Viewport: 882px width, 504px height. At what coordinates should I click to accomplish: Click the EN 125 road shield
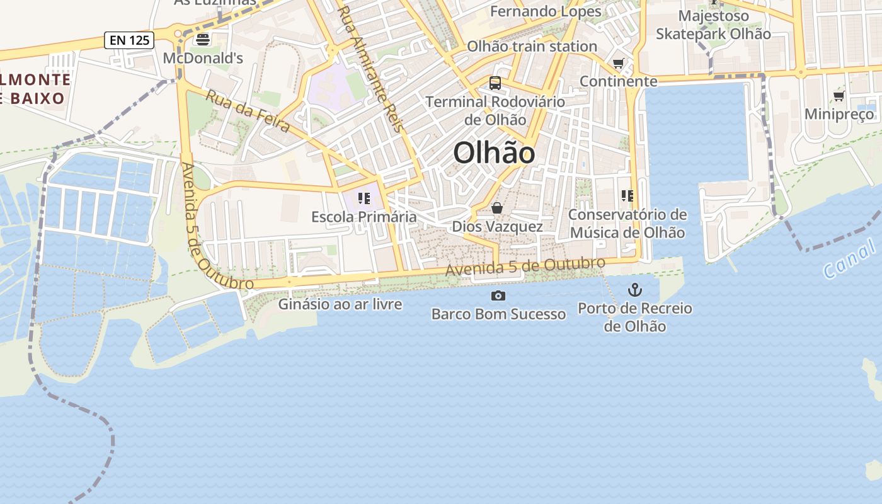129,40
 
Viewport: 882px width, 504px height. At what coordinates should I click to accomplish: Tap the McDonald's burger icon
202,40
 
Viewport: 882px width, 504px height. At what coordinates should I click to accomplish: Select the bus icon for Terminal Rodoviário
495,83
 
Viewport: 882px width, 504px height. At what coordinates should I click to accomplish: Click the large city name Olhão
494,153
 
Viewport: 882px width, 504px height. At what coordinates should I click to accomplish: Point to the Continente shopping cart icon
618,64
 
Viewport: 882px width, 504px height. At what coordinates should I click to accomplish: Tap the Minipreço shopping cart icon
839,96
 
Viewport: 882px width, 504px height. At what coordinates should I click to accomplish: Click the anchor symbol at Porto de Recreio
635,290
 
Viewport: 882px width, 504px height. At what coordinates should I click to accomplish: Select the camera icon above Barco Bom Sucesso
498,295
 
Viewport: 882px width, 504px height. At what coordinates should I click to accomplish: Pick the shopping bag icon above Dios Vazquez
497,208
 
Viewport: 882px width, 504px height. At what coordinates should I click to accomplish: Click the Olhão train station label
532,46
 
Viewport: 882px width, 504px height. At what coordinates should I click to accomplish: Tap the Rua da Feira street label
248,112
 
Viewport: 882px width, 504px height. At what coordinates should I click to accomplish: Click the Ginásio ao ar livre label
340,304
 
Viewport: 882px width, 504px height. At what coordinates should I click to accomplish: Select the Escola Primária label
364,217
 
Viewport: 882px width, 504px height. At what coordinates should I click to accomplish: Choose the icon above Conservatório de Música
627,196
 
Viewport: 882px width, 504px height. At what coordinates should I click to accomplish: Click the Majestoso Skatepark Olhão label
713,25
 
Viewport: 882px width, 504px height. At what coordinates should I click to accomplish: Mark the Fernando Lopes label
546,11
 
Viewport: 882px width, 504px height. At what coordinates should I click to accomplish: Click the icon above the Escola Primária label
364,199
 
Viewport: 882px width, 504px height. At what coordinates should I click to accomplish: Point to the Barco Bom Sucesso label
498,314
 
